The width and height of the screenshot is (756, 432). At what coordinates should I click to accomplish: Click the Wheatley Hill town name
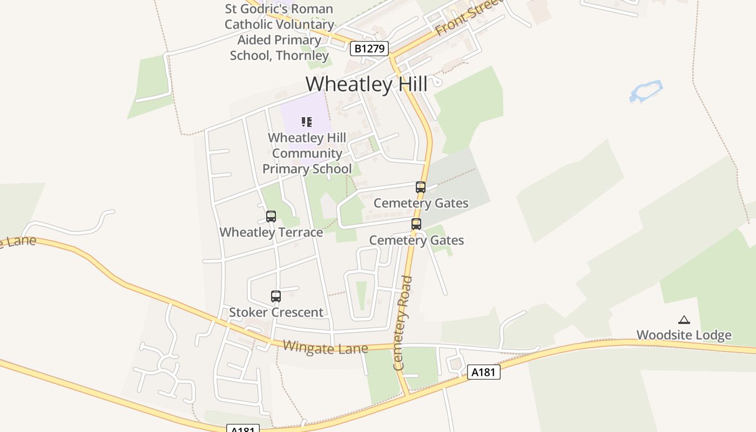[367, 84]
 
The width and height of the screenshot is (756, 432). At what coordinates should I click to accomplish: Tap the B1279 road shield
[369, 49]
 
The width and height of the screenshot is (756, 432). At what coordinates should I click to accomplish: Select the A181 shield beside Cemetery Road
[483, 372]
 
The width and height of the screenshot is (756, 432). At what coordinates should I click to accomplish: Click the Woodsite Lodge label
[684, 335]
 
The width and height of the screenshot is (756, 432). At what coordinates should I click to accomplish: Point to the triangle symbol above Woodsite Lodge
[684, 320]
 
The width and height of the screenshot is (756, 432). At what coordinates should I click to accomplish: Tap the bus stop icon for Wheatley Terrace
[271, 217]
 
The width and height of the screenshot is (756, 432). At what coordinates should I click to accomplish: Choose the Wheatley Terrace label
[271, 232]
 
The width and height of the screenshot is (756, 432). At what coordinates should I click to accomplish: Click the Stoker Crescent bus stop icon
[276, 296]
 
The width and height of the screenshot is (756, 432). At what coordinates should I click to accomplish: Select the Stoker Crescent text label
[276, 312]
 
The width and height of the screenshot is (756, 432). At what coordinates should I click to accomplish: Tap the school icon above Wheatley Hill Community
[307, 122]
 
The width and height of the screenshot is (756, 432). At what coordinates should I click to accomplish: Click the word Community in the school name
[307, 153]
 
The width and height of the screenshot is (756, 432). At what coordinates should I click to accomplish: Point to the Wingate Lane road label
[325, 348]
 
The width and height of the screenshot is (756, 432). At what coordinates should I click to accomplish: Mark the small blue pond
[646, 91]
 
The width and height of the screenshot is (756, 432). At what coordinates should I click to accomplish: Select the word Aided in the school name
[256, 40]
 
